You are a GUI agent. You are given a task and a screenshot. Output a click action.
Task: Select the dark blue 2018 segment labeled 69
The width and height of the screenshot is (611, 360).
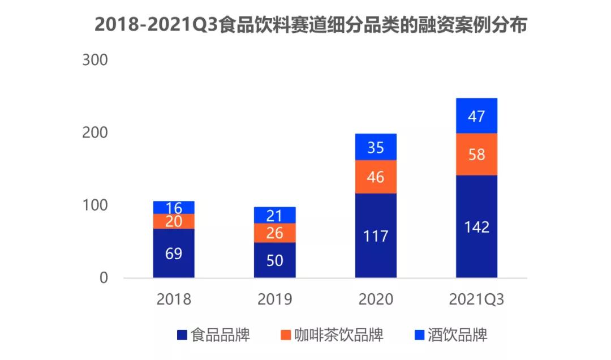(x=174, y=253)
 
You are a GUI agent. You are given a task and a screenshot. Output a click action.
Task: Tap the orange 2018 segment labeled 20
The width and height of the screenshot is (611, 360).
(x=174, y=221)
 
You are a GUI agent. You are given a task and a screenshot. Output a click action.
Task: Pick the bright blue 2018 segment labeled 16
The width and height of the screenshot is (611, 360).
(x=174, y=207)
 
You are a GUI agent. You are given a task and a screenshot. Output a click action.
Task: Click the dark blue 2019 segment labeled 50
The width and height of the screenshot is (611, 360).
(x=274, y=260)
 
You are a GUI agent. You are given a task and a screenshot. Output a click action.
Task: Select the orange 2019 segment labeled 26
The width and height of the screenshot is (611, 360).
(x=274, y=233)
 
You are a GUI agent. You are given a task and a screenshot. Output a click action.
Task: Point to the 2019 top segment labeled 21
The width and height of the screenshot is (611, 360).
(x=274, y=215)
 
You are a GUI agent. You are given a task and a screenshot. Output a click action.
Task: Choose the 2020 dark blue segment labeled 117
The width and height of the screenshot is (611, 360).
(x=376, y=235)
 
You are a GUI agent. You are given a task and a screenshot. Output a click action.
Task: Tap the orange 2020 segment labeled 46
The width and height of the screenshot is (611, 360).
(x=376, y=177)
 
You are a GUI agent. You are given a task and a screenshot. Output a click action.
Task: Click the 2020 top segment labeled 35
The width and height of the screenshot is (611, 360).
(x=376, y=147)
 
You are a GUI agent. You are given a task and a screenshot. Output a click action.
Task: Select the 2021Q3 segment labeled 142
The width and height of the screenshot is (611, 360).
(x=476, y=226)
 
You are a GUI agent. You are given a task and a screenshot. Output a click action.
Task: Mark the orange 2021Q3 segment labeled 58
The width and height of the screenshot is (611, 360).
(x=476, y=154)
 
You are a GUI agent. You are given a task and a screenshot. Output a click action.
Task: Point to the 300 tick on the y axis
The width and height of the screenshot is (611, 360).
(x=94, y=60)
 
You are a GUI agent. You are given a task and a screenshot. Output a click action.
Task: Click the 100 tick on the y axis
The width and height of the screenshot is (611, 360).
(x=94, y=205)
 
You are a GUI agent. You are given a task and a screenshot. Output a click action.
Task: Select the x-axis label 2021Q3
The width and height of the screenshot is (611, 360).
(x=476, y=299)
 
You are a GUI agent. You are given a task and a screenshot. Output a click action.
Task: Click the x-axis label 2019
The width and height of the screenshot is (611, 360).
(x=274, y=299)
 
